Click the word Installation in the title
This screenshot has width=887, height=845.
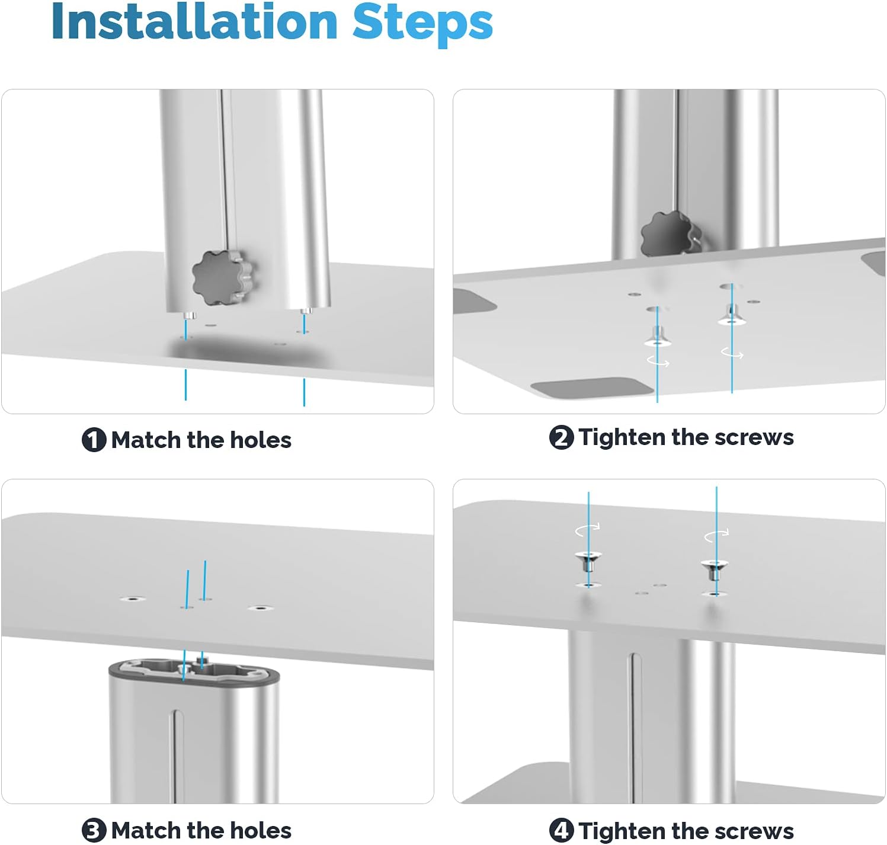tap(194, 21)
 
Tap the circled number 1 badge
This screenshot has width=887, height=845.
tap(94, 440)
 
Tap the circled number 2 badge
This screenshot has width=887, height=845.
tap(561, 437)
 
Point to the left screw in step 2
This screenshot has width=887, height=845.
tap(657, 337)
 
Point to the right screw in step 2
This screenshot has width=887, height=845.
tap(731, 315)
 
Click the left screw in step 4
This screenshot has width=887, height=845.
tap(588, 562)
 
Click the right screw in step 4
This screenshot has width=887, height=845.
tap(714, 569)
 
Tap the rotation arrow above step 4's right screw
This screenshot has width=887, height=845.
tap(716, 534)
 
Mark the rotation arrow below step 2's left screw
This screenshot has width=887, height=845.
tap(658, 361)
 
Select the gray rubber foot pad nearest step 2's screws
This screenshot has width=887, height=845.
tap(591, 388)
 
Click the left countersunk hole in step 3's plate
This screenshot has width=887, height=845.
tap(133, 599)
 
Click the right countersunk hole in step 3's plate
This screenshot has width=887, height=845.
tap(260, 608)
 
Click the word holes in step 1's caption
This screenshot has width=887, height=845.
tap(260, 440)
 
